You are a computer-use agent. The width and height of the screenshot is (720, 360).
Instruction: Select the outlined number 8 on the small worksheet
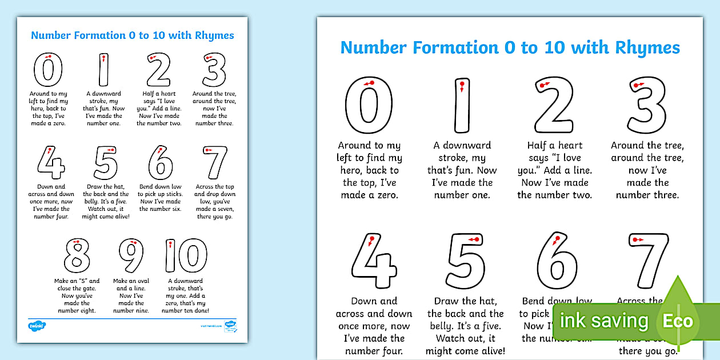(77, 255)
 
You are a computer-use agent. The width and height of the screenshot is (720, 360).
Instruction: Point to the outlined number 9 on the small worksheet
(131, 255)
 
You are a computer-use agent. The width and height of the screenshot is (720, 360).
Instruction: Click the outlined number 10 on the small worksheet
(186, 255)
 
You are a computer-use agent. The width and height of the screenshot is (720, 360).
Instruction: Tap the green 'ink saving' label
(603, 321)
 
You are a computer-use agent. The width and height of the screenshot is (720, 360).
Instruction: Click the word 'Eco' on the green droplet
(678, 321)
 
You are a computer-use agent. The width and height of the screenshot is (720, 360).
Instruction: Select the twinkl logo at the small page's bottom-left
(37, 326)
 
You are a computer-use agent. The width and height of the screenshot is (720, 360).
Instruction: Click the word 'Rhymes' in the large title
(647, 47)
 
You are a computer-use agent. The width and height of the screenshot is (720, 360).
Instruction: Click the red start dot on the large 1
(462, 85)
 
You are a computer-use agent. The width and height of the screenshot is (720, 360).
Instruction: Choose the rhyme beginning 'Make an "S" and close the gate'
(77, 295)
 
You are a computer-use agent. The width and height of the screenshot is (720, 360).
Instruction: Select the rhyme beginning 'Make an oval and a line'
(131, 295)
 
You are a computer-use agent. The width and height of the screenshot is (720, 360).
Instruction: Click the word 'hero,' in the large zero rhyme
(354, 170)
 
